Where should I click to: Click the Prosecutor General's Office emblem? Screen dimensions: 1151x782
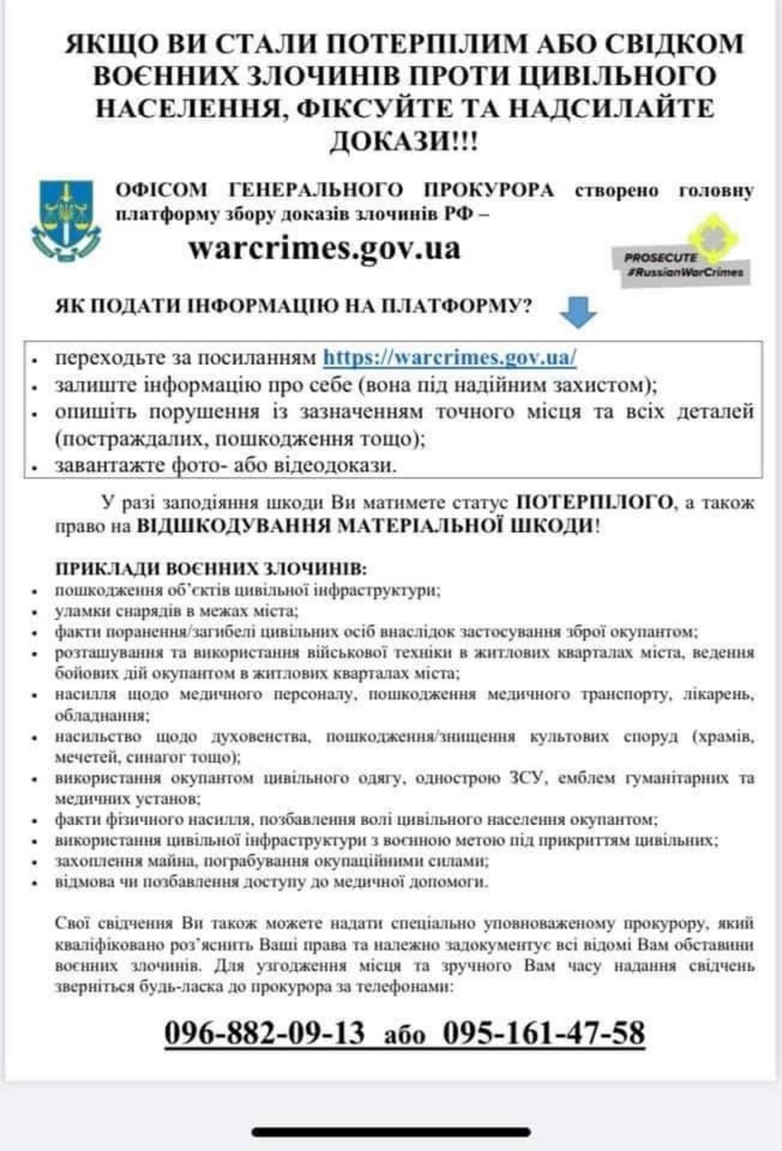point(66,221)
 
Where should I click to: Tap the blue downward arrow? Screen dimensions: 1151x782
point(577,311)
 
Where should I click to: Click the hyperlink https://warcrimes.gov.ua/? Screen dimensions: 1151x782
point(449,357)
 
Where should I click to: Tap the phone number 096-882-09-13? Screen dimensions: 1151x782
point(264,1033)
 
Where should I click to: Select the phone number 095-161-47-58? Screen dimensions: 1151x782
point(544,1033)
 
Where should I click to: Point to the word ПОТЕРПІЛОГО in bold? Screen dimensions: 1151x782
point(596,502)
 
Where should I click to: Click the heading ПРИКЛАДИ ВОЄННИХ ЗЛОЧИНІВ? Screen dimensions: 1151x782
point(211,569)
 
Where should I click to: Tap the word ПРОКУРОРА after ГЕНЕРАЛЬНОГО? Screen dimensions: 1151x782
point(490,190)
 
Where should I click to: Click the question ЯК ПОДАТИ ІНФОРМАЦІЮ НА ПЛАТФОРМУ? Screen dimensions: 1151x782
point(294,306)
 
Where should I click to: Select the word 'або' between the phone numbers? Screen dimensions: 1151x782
point(405,1036)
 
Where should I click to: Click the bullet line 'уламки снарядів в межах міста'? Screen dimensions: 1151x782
point(176,611)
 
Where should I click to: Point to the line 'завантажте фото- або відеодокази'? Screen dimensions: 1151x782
point(225,465)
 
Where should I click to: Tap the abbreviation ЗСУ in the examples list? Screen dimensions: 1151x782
point(527,778)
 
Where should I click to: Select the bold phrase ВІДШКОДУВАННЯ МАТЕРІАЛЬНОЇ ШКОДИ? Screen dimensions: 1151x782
point(365,526)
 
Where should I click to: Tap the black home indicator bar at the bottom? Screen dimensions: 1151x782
point(391,1132)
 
